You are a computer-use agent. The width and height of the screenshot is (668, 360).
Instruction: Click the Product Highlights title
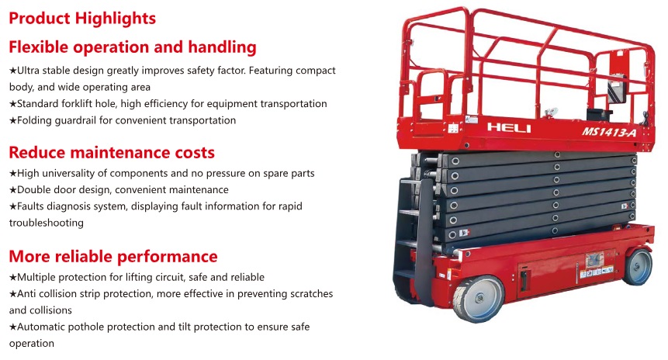coord(82,17)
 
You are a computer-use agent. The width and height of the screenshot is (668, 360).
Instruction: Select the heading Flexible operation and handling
coord(132,47)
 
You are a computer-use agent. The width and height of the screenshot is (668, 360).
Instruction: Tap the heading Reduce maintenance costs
coord(111,151)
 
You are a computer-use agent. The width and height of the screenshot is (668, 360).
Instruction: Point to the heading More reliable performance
coord(113,256)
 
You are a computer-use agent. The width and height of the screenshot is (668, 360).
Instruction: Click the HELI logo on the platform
coord(508,127)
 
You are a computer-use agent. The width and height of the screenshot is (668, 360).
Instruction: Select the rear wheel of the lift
coord(638,265)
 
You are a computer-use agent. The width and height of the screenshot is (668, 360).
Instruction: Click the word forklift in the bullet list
coord(78,103)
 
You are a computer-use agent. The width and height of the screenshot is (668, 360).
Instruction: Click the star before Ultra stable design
coord(12,71)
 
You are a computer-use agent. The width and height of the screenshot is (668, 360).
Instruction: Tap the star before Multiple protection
coord(12,278)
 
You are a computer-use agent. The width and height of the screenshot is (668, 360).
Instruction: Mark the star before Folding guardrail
coord(12,120)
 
